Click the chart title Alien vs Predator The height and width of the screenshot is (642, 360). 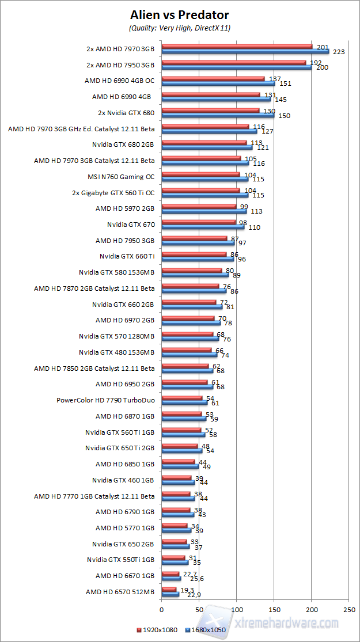click(180, 14)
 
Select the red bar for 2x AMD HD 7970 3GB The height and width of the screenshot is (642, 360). click(237, 47)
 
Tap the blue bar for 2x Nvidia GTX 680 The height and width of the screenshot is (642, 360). click(218, 115)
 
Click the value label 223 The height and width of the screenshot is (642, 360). click(339, 52)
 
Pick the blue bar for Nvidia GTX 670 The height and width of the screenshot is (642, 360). click(203, 226)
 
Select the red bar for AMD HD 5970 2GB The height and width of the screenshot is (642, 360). click(199, 206)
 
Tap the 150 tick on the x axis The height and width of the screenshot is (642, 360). click(274, 609)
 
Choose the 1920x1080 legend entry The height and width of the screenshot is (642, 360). click(160, 630)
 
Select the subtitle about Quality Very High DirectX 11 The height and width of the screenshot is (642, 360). click(180, 28)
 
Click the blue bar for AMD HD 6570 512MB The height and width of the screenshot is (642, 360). click(170, 594)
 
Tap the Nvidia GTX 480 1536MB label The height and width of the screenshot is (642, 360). click(117, 352)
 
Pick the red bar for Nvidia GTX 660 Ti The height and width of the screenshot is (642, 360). click(194, 254)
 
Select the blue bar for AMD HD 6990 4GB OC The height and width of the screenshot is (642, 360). click(218, 83)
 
